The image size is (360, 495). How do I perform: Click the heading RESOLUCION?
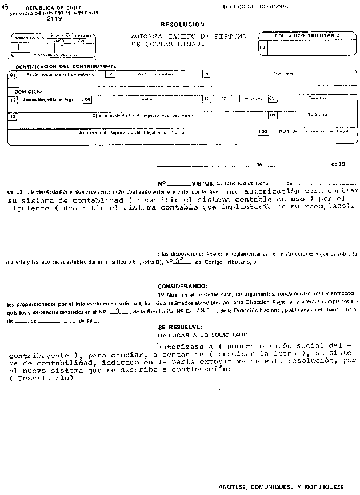pos(182,25)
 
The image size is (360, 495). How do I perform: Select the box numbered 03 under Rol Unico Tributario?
pos(262,47)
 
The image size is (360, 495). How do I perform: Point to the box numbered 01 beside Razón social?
pos(13,74)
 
